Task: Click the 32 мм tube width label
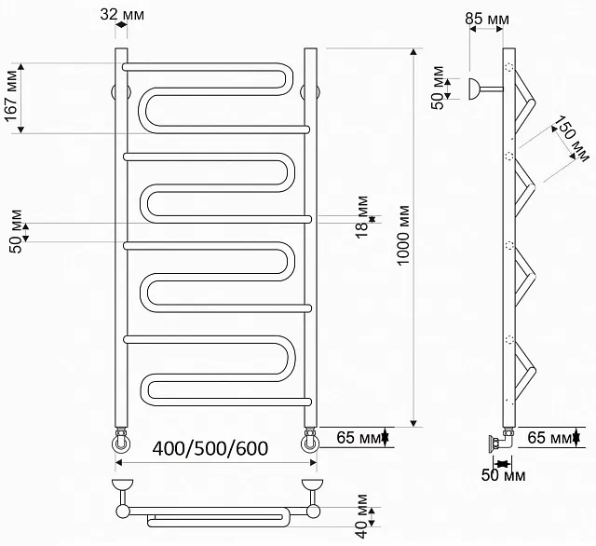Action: pyautogui.click(x=122, y=15)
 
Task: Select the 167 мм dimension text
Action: pyautogui.click(x=12, y=96)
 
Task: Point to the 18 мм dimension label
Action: pyautogui.click(x=363, y=217)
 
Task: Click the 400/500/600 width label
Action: pyautogui.click(x=210, y=448)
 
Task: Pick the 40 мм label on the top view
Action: pyautogui.click(x=362, y=516)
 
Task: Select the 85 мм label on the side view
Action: pyautogui.click(x=487, y=19)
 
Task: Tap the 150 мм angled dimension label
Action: pyautogui.click(x=571, y=139)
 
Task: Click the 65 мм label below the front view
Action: pyautogui.click(x=359, y=438)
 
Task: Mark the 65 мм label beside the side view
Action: pyautogui.click(x=549, y=438)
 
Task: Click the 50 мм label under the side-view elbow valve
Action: pyautogui.click(x=503, y=475)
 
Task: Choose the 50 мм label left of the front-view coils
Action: pyautogui.click(x=16, y=231)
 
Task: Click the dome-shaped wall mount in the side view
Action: pyautogui.click(x=474, y=89)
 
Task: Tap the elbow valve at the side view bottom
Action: pyautogui.click(x=502, y=441)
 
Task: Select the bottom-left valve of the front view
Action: pyautogui.click(x=121, y=441)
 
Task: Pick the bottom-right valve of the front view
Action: pyautogui.click(x=310, y=441)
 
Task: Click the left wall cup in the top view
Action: pyautogui.click(x=123, y=485)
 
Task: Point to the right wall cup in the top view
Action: pyautogui.click(x=312, y=485)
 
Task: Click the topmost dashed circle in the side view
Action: pyautogui.click(x=509, y=68)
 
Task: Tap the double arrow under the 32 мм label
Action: pyautogui.click(x=121, y=25)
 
